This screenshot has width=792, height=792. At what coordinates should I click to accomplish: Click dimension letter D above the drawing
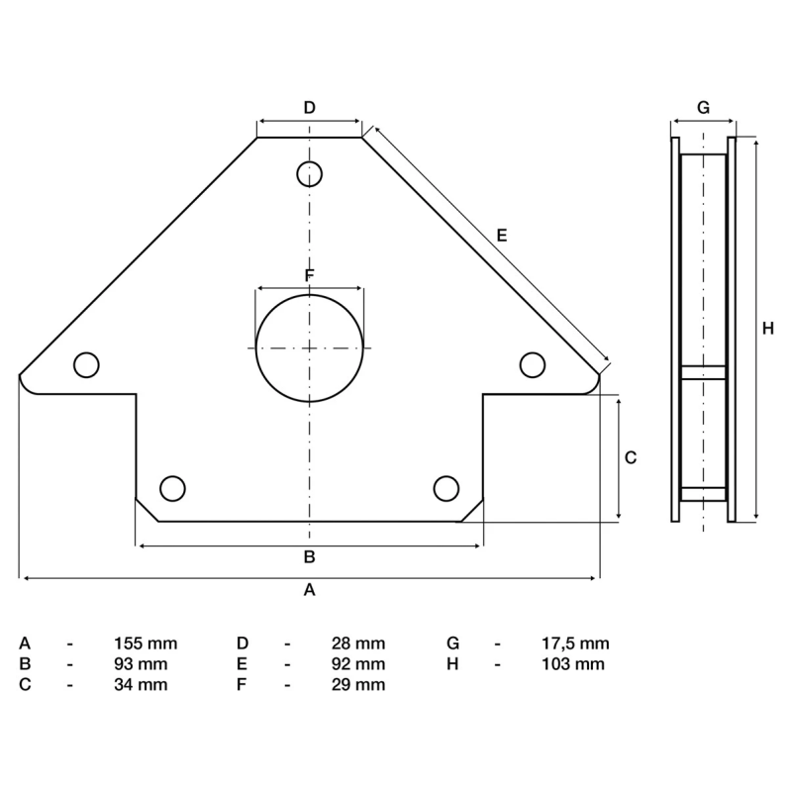(x=309, y=108)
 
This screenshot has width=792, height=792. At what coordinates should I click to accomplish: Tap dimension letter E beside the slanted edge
(x=502, y=236)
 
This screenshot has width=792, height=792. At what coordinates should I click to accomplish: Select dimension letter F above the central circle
(x=310, y=275)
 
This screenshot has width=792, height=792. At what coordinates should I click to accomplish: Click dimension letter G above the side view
(x=703, y=108)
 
